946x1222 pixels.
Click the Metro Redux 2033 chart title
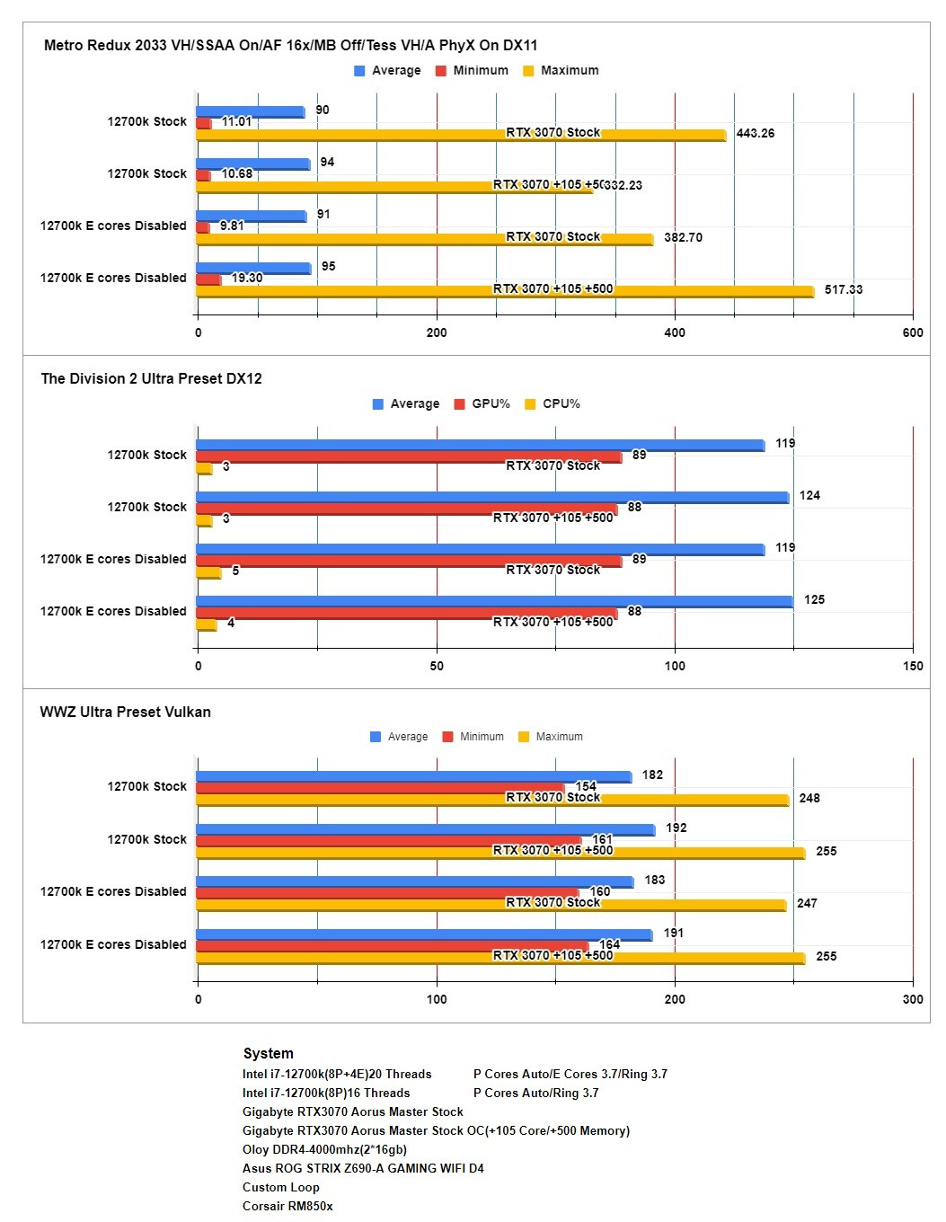point(290,45)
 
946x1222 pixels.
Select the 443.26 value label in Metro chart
point(755,133)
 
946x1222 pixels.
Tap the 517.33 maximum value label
point(843,289)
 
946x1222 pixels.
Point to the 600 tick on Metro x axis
point(913,332)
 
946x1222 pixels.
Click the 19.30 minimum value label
point(247,278)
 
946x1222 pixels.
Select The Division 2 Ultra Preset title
point(151,378)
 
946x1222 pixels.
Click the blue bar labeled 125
point(494,601)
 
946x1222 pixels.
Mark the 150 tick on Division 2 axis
point(913,666)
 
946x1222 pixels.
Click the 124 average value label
point(809,495)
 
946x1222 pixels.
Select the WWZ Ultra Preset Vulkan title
point(125,712)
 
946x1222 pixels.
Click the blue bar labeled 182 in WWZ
point(413,776)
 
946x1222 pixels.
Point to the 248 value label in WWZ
point(809,798)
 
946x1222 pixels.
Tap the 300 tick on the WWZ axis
point(913,999)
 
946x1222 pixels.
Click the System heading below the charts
point(268,1053)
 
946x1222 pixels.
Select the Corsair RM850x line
point(287,1206)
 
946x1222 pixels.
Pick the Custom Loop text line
point(280,1187)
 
